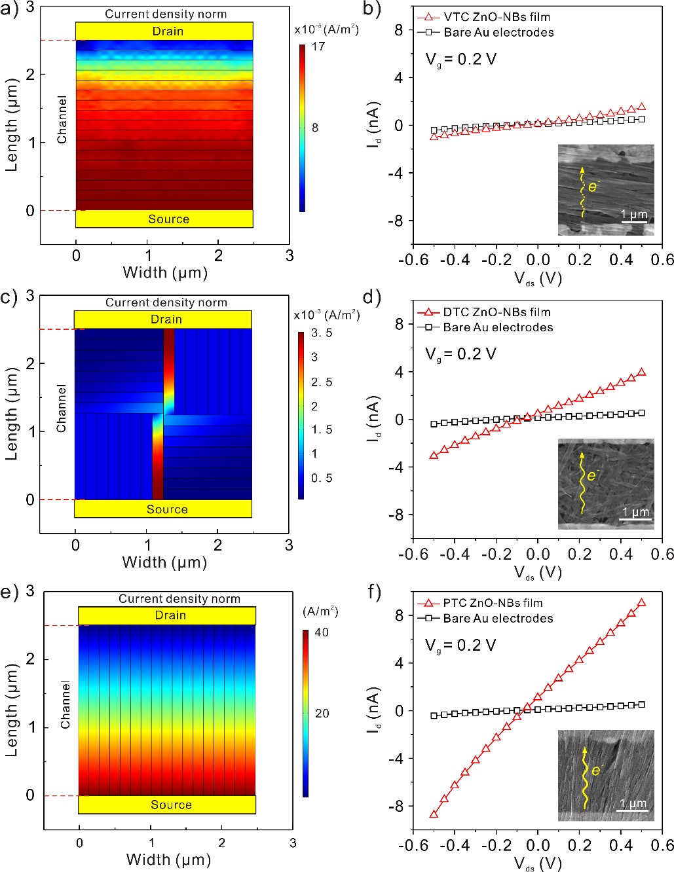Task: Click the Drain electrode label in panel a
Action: point(168,31)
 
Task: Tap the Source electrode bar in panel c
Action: point(162,509)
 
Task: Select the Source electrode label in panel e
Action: point(171,805)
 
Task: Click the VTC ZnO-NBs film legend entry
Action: point(496,17)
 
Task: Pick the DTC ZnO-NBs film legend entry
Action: point(496,312)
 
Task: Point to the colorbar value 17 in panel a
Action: point(318,46)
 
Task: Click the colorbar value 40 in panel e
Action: point(322,632)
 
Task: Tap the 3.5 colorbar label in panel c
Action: point(322,333)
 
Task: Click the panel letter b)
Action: point(372,9)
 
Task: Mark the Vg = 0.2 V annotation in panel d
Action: point(460,354)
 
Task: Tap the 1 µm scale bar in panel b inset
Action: point(634,221)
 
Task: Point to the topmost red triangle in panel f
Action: point(641,603)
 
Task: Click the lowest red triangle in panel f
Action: point(434,814)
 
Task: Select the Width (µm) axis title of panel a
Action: point(165,272)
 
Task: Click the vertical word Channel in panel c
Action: point(62,409)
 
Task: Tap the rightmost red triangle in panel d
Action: point(641,372)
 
